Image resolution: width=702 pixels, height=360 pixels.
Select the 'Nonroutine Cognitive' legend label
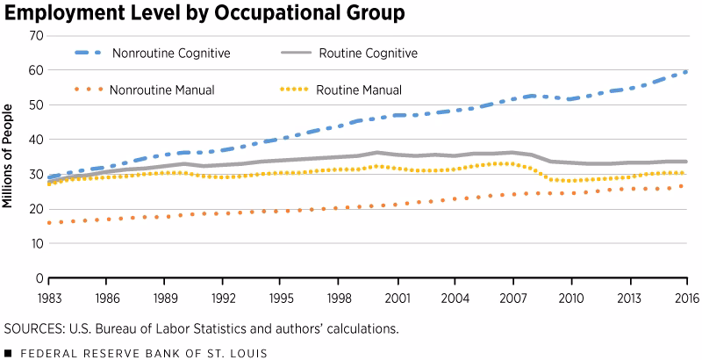(170, 53)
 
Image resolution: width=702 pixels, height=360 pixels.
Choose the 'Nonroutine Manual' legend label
(163, 90)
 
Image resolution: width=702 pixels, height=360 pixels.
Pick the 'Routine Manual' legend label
(359, 90)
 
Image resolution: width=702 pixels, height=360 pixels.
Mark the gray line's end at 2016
(685, 162)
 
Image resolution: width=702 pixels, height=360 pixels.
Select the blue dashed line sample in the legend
(75, 53)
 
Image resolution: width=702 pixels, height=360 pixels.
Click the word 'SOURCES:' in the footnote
(33, 329)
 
